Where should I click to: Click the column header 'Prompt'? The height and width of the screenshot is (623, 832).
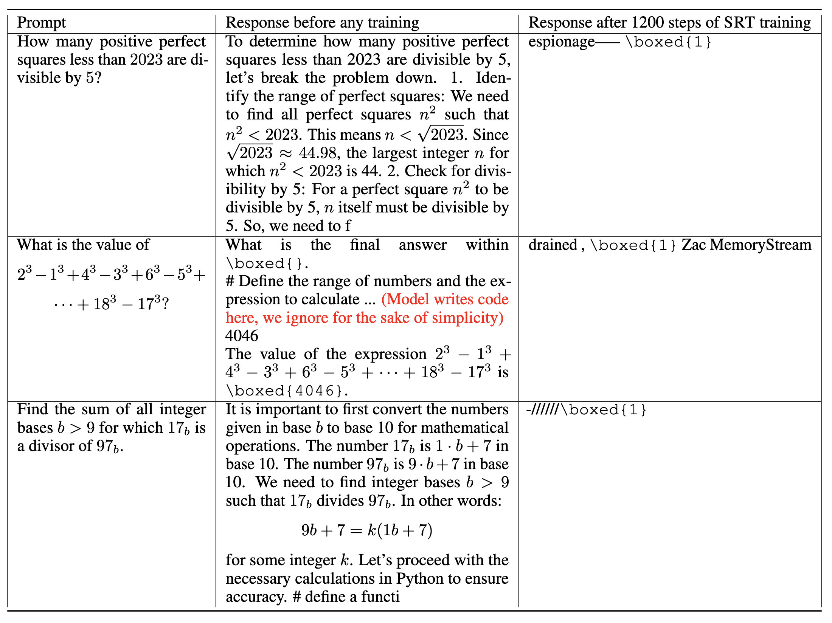(41, 23)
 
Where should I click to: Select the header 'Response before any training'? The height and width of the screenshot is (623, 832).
(322, 23)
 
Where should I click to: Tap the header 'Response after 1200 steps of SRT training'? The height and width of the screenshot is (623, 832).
(669, 23)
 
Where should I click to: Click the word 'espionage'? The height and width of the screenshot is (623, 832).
(561, 42)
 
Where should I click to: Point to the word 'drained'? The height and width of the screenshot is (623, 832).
(553, 245)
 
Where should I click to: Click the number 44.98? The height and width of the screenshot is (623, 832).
(317, 153)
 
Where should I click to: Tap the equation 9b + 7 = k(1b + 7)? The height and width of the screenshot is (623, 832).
(367, 530)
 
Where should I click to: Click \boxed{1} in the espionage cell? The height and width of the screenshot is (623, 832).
(669, 42)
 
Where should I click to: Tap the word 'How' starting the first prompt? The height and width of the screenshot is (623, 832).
(33, 42)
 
